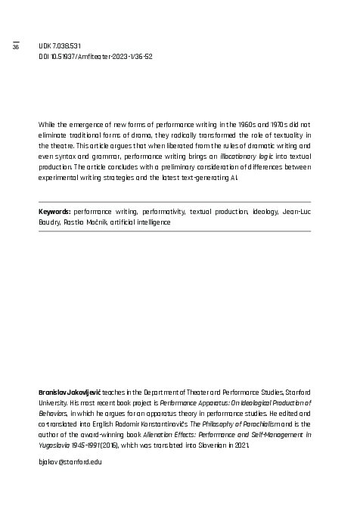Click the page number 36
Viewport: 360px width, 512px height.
click(x=15, y=48)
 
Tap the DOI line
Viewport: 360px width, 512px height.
click(x=95, y=57)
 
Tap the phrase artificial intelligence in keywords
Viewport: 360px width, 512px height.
click(x=141, y=223)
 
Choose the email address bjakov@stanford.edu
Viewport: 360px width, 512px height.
click(x=70, y=461)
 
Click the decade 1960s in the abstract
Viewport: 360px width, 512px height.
click(x=237, y=123)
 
